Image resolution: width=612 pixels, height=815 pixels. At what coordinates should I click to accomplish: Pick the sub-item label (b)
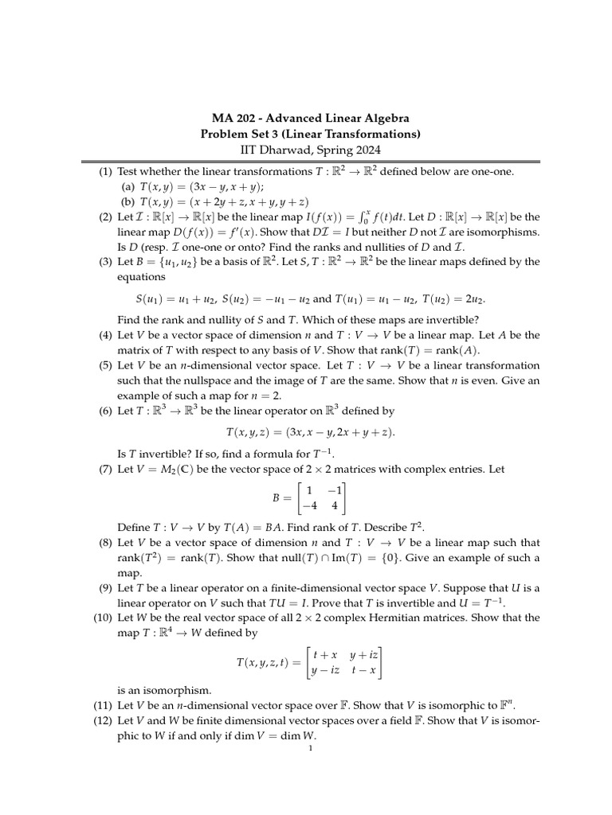(x=127, y=202)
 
